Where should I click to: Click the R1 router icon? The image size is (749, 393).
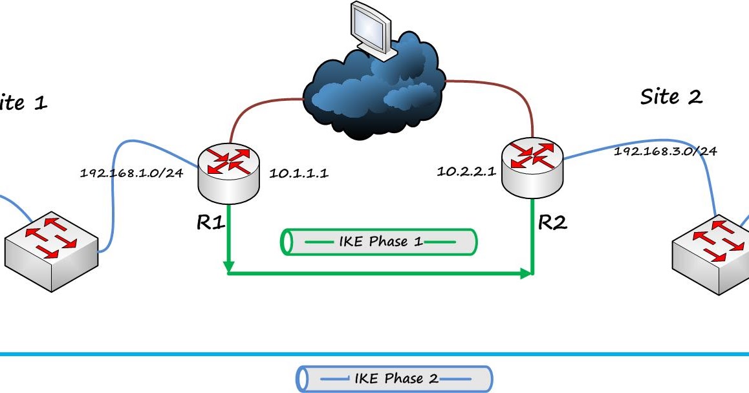click(x=228, y=171)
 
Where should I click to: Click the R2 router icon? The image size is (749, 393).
click(x=532, y=167)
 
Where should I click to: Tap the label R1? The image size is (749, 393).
click(x=211, y=223)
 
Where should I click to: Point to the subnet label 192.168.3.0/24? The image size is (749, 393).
click(x=665, y=151)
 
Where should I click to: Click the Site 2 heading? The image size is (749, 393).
click(x=671, y=97)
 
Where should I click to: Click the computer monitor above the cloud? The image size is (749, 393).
click(x=371, y=29)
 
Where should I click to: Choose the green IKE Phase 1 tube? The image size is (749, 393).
click(x=380, y=242)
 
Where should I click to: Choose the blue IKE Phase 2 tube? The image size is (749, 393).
click(x=394, y=378)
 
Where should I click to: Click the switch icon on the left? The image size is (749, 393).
click(x=52, y=249)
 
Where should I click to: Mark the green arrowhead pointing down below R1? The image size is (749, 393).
click(x=228, y=266)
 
